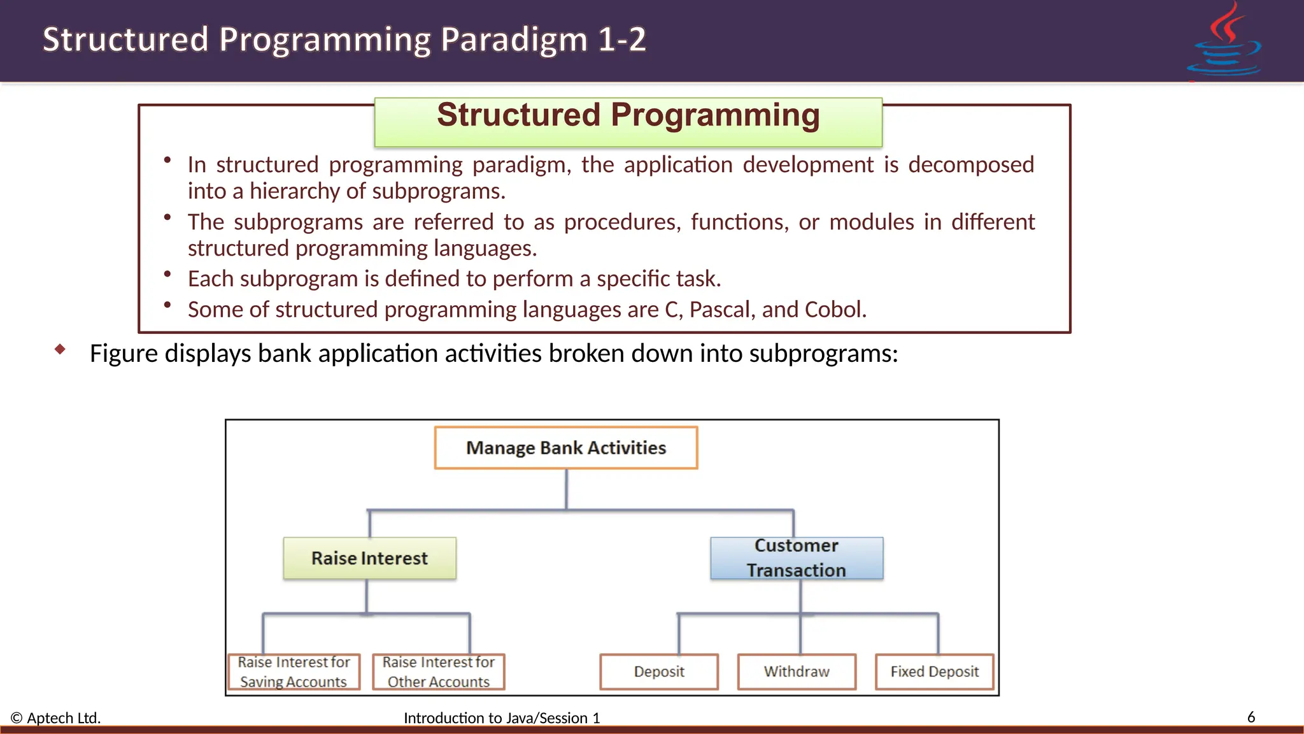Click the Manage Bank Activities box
coord(566,448)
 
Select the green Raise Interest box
coord(369,558)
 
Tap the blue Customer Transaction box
coord(797,558)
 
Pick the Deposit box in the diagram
coord(659,672)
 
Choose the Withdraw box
coord(797,672)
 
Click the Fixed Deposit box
coord(934,672)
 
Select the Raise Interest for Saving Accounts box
coord(294,672)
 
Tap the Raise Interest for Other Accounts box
coord(439,672)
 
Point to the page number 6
coord(1251,717)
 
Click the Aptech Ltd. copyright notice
coord(56,718)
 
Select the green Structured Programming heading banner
coord(628,121)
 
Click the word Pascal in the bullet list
coord(722,310)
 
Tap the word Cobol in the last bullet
coord(835,310)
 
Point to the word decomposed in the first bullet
coord(971,165)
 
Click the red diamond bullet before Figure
coord(60,349)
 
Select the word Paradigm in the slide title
coord(514,40)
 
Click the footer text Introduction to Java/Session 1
coord(502,718)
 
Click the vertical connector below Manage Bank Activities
coord(566,489)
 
